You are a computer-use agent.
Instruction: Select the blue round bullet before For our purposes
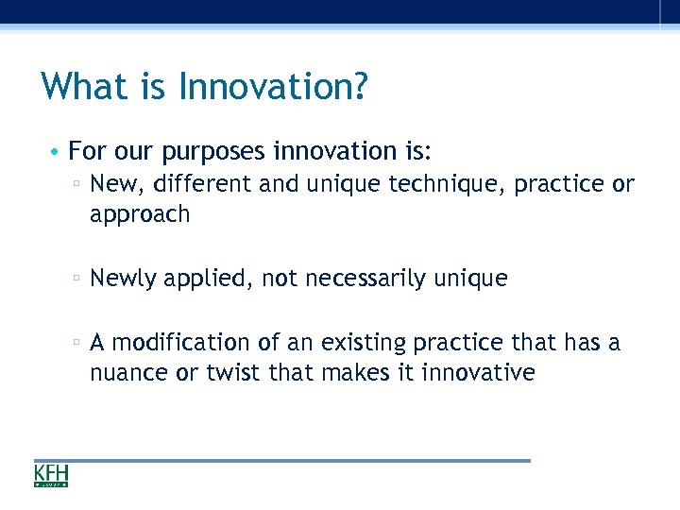57,152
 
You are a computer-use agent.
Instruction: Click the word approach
140,215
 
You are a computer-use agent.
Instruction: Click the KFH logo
51,475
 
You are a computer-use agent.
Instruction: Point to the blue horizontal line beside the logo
302,461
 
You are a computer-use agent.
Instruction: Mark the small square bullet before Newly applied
76,280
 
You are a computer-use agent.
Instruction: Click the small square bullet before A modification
76,343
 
